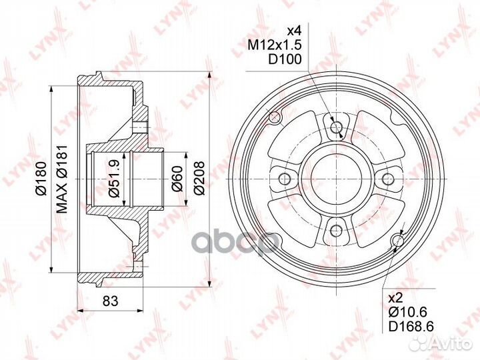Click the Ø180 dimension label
pos(41,179)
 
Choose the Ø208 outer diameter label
pos(199,179)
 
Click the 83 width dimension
pos(110,301)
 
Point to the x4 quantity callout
pos(294,30)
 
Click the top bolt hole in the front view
pos(336,126)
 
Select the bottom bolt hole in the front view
pos(336,232)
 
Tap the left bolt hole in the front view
pos(283,179)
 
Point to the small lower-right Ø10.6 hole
pos(399,240)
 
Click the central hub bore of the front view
pos(336,179)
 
